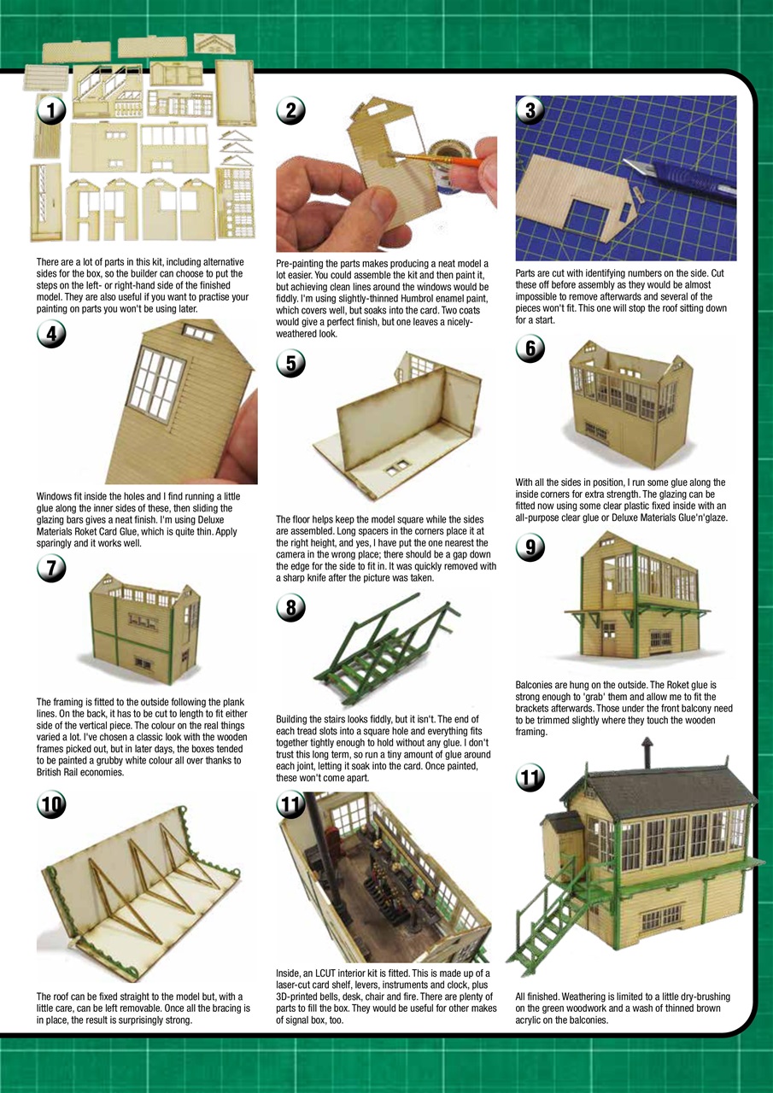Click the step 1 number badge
52,110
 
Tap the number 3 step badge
530,110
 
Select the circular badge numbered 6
530,348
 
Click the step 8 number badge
291,608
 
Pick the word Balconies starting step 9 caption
536,685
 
